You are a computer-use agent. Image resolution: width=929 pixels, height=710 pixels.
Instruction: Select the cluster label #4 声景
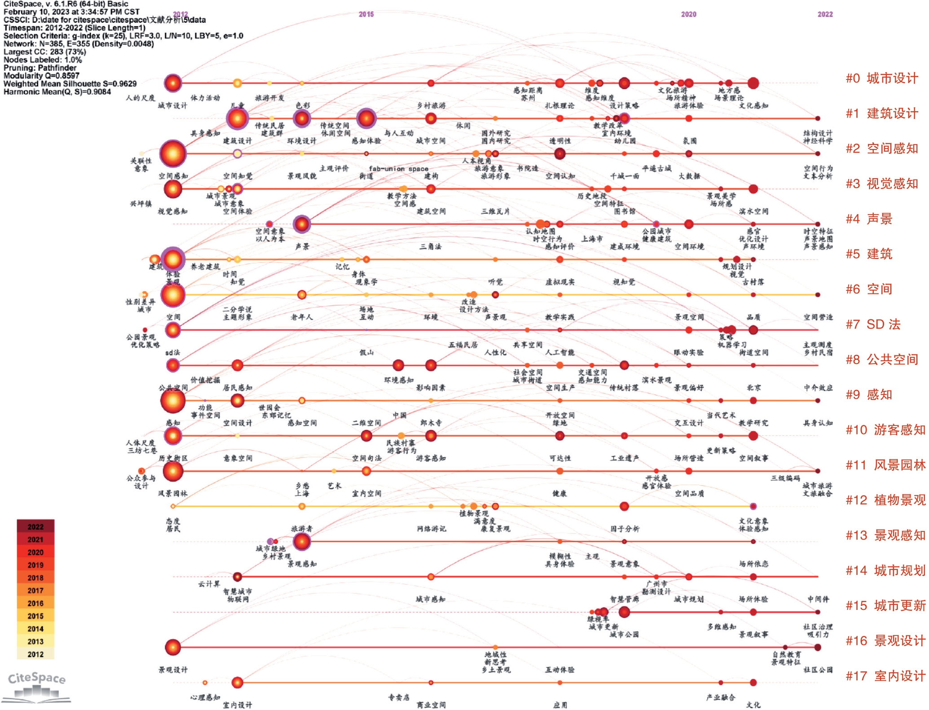click(x=869, y=219)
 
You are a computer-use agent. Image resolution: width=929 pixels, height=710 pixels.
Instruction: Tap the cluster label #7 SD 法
click(x=873, y=324)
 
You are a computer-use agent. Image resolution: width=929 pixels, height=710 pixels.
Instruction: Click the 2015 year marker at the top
click(x=366, y=14)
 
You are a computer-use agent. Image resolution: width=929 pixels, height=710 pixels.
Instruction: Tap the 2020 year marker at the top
click(x=688, y=14)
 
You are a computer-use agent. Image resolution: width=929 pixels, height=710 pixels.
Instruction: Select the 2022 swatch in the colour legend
click(x=35, y=526)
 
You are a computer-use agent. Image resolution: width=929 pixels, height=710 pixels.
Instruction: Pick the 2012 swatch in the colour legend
click(x=35, y=654)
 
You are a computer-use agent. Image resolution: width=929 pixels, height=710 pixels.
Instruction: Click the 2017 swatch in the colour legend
click(x=35, y=591)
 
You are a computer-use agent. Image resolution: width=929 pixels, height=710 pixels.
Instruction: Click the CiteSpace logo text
click(x=37, y=678)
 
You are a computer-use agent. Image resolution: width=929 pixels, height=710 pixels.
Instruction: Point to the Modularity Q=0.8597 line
click(x=41, y=76)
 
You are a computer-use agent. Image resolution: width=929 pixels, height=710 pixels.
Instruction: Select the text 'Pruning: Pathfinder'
click(x=40, y=68)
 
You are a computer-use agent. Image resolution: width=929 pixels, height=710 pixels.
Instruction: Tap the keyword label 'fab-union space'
click(x=398, y=169)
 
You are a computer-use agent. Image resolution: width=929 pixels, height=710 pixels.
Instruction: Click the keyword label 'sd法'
click(x=172, y=353)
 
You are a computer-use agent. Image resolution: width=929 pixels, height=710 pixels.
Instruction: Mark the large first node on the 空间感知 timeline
click(x=173, y=153)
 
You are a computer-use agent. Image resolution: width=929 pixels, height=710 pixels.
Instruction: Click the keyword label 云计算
click(x=209, y=584)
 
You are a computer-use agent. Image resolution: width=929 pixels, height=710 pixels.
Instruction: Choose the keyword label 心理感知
click(x=205, y=697)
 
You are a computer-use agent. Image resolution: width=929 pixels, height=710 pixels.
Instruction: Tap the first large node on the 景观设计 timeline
click(x=173, y=647)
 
